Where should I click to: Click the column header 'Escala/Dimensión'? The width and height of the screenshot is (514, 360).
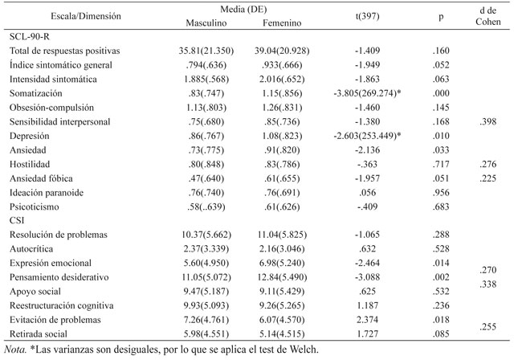86,16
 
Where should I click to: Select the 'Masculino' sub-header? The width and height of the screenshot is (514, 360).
206,23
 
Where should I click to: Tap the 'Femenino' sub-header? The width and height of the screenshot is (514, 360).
282,23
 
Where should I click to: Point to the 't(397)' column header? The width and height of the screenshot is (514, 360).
368,16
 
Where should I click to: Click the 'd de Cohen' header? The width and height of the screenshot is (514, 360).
488,16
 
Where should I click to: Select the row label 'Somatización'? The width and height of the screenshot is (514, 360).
35,93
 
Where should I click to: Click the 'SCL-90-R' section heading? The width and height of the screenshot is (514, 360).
30,36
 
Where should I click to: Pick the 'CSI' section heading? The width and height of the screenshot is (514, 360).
17,220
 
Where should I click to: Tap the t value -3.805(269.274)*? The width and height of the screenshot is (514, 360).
368,93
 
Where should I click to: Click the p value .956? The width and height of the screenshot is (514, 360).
441,193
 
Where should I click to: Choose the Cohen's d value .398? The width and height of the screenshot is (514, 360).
488,121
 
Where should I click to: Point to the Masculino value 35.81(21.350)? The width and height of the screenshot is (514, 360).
206,51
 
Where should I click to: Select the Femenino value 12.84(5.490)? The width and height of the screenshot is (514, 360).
282,277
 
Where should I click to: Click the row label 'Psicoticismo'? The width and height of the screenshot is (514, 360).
34,207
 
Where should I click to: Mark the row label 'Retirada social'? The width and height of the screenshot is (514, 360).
39,334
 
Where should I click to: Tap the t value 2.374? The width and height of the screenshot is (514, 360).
368,320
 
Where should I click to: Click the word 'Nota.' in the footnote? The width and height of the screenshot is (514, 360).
15,350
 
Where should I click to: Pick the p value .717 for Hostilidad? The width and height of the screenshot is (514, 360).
441,164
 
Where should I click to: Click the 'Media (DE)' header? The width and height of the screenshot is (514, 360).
243,9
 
